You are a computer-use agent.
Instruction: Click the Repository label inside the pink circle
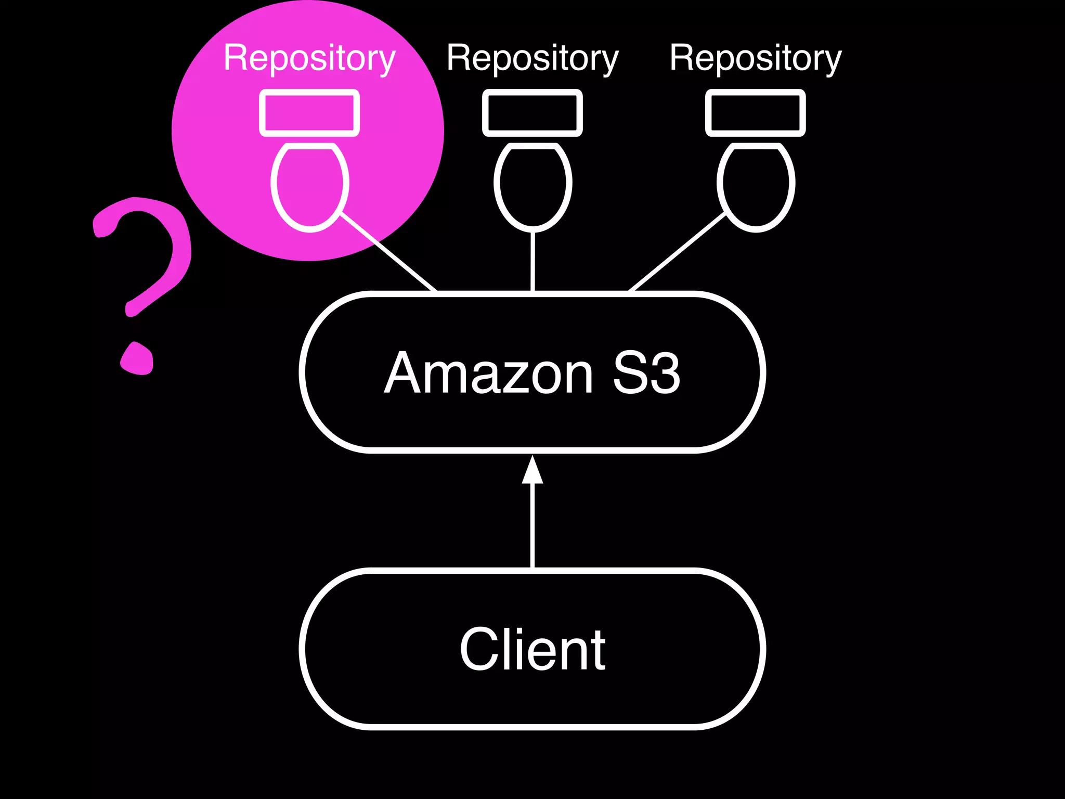coord(309,58)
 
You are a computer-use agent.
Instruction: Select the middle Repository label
coord(532,58)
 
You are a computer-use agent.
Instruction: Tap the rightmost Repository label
coord(755,58)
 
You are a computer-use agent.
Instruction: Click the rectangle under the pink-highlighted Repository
coord(309,113)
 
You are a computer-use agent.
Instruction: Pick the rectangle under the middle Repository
coord(532,113)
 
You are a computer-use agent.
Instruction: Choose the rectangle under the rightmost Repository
coord(755,113)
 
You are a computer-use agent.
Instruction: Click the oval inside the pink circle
coord(309,185)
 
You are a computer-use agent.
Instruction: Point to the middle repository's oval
coord(532,185)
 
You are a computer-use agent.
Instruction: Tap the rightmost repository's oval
coord(755,185)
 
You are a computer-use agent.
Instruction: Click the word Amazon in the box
coord(489,373)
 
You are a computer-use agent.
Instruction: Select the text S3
coord(646,373)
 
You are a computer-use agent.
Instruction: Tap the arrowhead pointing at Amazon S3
coord(532,471)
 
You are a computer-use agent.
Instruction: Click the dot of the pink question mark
coord(137,359)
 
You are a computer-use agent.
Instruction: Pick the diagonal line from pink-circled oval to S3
coord(388,252)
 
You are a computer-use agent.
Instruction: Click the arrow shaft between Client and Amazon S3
coord(532,525)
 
